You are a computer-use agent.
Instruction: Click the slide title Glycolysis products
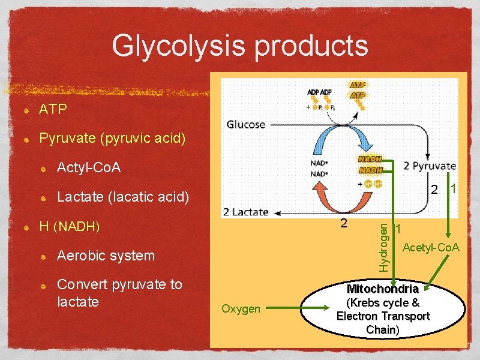coord(240,46)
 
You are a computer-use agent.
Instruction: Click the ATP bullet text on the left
coord(53,110)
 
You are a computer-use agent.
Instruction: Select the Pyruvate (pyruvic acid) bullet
coord(112,139)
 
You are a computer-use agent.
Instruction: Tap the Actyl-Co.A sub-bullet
coord(88,167)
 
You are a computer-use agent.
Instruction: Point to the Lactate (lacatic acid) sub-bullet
coord(122,197)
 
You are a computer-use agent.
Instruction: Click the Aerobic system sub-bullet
coord(105,256)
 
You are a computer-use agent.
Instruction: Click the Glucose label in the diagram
coord(245,125)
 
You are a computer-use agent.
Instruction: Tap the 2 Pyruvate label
coord(429,166)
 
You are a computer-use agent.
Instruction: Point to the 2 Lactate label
coord(245,212)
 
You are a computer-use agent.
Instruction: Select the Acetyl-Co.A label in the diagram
coord(431,247)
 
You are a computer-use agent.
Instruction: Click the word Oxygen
coord(241,309)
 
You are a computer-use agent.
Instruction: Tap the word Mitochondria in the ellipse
coord(382,289)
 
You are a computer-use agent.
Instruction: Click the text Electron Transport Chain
coord(383,323)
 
